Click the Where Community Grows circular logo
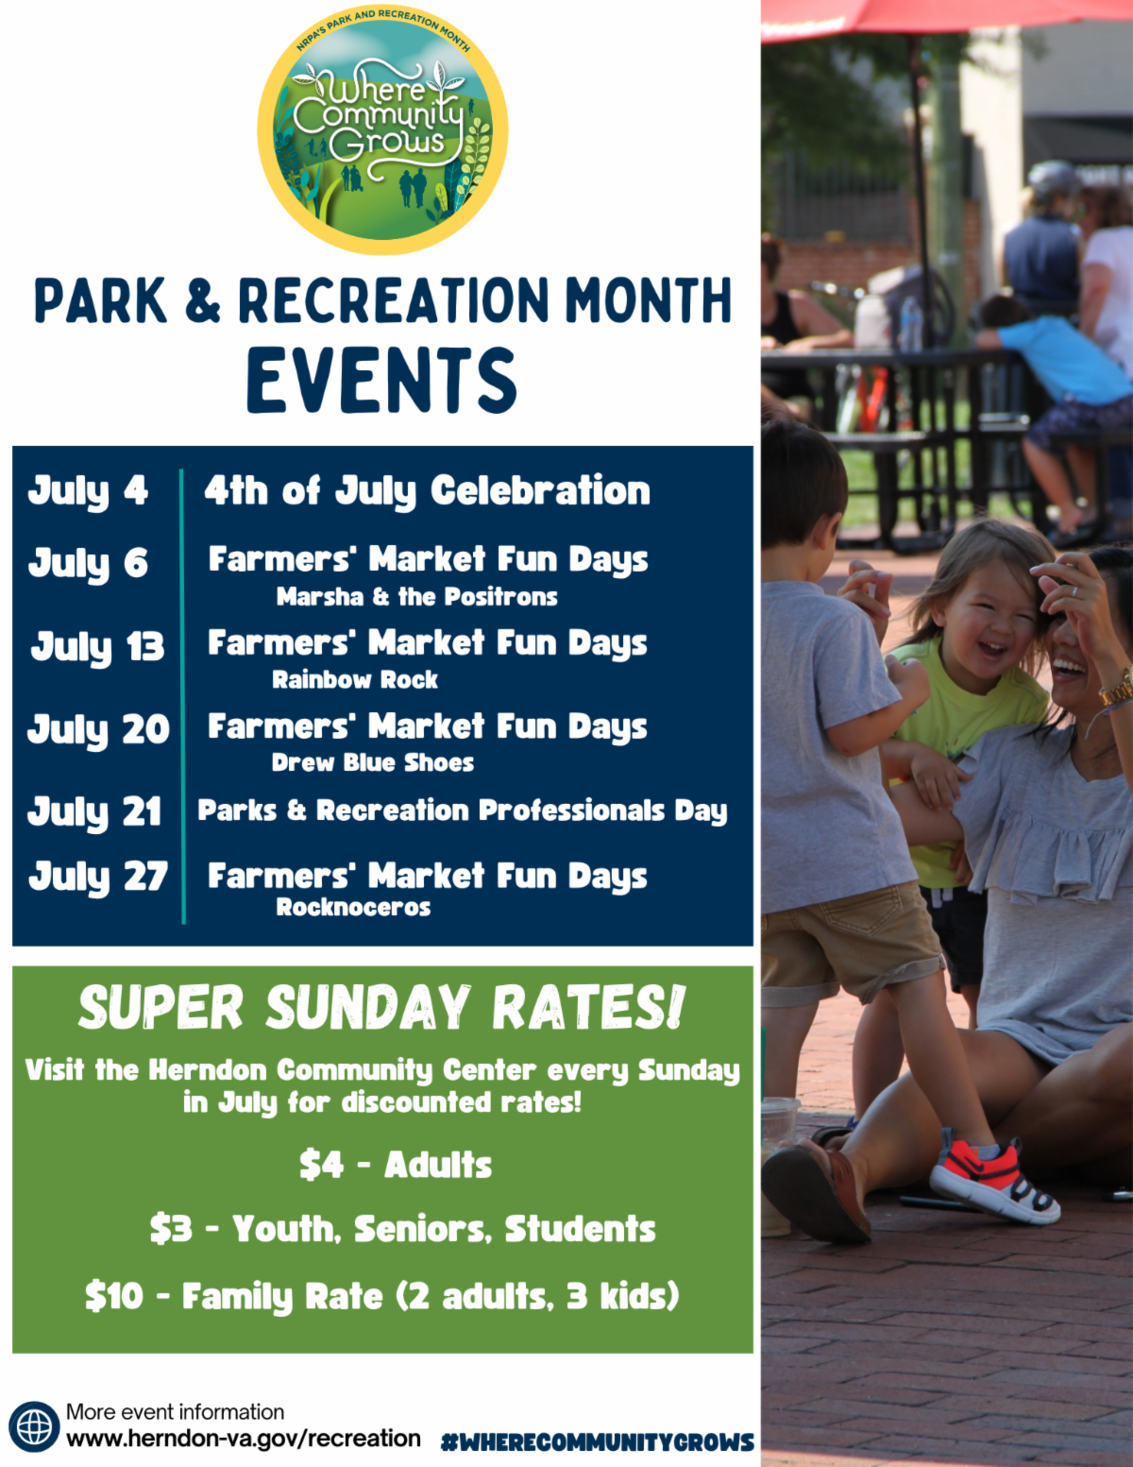pos(382,130)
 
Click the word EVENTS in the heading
pos(382,380)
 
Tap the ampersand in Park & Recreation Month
pos(202,299)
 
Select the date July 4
pos(88,491)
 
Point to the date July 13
pos(98,647)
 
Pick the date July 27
pos(98,877)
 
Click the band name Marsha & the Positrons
pos(417,597)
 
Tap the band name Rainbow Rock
pos(355,679)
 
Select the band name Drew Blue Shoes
pos(373,763)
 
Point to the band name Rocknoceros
pos(353,907)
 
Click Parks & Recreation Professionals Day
pos(463,810)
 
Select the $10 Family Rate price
pos(114,1296)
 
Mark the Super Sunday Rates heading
pos(382,1007)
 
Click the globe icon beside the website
pos(34,1426)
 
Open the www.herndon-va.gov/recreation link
pos(244,1439)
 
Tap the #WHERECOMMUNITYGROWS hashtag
pos(598,1442)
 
